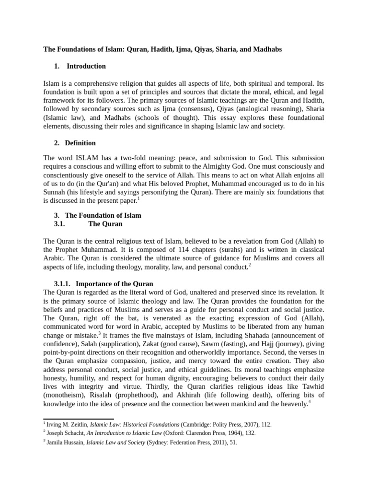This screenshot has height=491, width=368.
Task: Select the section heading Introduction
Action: pos(86,66)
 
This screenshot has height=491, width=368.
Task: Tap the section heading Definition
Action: pos(80,143)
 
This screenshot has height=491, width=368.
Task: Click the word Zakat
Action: pos(135,344)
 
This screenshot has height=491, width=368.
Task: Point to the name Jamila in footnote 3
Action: pos(56,443)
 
